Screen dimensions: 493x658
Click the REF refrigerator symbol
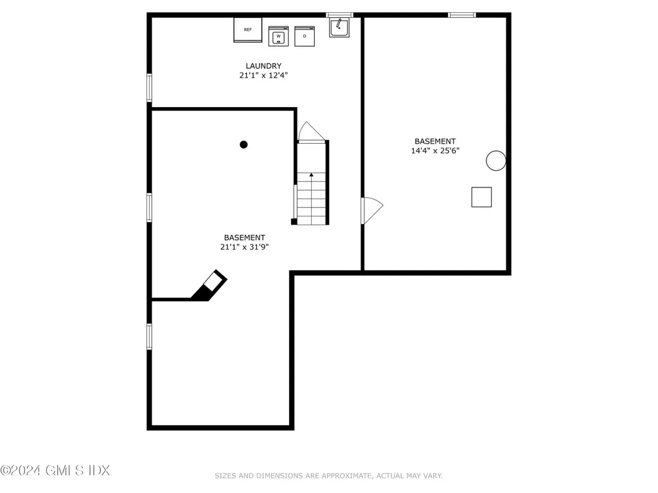point(248,30)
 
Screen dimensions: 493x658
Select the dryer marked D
point(305,37)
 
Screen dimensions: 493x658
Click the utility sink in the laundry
point(339,28)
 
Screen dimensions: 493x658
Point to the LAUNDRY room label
point(263,65)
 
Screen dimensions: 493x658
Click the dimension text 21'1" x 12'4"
point(263,75)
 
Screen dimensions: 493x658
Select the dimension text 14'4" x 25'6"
point(435,151)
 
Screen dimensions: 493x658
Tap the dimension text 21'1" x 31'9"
point(244,246)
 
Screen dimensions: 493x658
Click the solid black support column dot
point(244,144)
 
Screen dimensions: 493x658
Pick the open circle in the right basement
point(495,160)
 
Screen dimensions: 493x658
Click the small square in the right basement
point(481,197)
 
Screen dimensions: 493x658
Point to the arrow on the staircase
point(312,174)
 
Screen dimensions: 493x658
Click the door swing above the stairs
point(310,132)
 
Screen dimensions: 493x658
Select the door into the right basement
point(372,209)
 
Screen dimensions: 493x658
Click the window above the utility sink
point(339,15)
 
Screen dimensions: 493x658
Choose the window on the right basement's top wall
point(462,15)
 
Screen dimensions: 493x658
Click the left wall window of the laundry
point(149,88)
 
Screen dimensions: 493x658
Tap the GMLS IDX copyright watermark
point(55,471)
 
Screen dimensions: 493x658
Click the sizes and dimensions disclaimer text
point(328,476)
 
